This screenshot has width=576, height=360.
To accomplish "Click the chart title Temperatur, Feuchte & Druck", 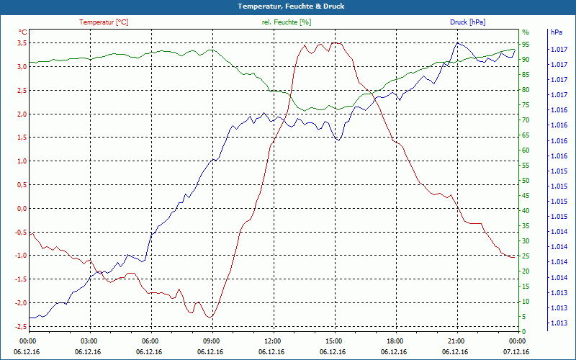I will click(288, 6).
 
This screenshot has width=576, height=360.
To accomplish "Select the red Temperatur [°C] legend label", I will click(104, 22).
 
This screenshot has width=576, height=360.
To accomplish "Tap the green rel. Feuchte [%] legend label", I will click(287, 22).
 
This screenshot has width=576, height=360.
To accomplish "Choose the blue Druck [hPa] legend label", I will click(467, 22).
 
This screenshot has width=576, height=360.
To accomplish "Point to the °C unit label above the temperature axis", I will click(22, 32).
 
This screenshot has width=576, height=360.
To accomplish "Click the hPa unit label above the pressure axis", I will click(556, 32).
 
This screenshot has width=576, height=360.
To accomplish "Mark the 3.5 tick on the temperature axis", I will click(22, 43).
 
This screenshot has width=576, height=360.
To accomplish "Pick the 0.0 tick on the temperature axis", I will click(22, 209).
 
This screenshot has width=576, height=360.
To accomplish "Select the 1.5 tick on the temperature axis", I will click(22, 138).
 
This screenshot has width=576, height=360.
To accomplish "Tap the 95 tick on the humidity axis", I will click(526, 43).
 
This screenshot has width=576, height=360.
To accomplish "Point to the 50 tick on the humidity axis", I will click(526, 180).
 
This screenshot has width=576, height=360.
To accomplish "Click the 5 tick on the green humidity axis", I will click(524, 317).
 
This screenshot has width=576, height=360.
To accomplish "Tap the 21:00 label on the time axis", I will click(456, 341).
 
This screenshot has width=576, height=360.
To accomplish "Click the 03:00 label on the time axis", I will click(89, 341).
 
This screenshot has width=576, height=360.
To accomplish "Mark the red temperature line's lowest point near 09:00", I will click(210, 317).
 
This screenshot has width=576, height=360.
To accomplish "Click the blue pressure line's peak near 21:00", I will click(457, 43).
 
